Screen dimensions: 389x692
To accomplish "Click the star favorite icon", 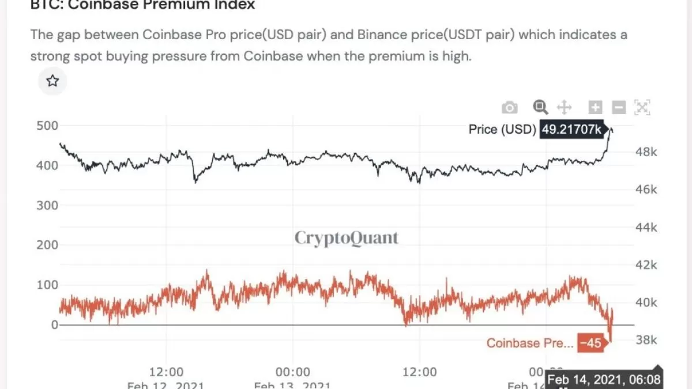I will (x=52, y=81).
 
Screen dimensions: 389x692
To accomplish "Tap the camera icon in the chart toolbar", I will (x=509, y=108).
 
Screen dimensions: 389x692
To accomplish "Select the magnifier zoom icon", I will (x=540, y=107).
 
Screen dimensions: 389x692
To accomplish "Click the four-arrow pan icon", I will (x=563, y=108).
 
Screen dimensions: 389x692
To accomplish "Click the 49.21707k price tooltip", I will (x=570, y=130).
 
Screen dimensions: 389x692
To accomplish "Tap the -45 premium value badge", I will (x=591, y=343).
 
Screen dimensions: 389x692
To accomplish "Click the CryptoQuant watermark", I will (x=346, y=237).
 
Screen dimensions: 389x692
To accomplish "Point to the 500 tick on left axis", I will (x=47, y=126).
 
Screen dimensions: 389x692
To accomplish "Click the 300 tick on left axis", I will (x=47, y=205).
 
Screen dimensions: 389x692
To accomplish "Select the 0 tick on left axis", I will (x=54, y=324).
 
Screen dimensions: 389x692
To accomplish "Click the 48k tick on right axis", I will (x=646, y=152).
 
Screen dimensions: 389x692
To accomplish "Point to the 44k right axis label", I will (x=646, y=228).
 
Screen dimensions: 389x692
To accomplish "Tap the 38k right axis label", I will (x=646, y=340).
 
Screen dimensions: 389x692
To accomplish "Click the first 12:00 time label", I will (x=166, y=372).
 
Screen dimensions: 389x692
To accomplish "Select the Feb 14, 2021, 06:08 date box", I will (x=604, y=380).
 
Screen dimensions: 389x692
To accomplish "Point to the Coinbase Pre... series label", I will (x=530, y=343).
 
